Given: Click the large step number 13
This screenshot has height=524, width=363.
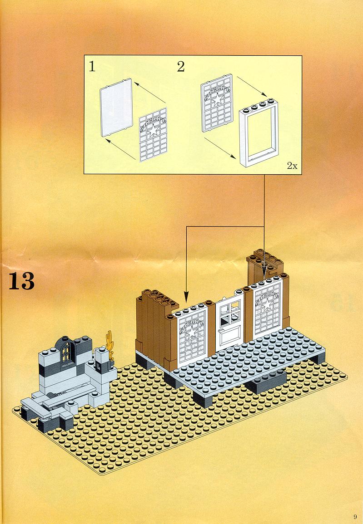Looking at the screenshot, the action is (21, 281).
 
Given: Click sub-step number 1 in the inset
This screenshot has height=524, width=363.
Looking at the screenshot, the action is (92, 67).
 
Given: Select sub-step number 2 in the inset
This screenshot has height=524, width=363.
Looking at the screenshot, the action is (181, 67).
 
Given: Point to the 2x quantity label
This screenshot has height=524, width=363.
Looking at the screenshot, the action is (292, 166).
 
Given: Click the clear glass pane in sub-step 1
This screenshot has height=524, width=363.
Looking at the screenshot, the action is (116, 107).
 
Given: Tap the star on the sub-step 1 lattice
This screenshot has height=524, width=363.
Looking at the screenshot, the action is (153, 130).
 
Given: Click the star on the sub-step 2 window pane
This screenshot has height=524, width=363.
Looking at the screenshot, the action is (218, 98).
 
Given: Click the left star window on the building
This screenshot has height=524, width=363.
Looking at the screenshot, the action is (192, 335).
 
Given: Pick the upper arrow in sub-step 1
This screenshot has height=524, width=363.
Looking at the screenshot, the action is (150, 92).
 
